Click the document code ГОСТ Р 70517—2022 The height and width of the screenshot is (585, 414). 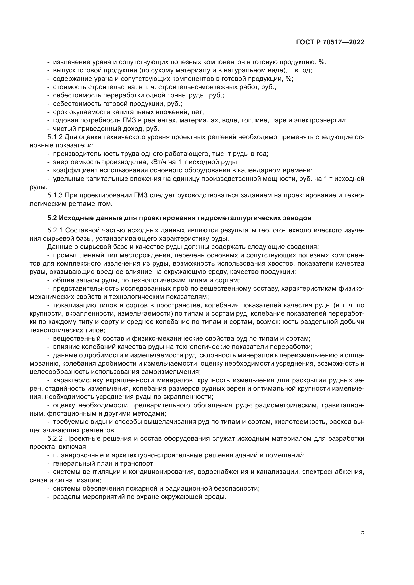(x=330, y=42)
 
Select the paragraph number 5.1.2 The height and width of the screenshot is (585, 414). (x=55, y=137)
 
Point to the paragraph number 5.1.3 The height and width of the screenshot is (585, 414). (x=55, y=195)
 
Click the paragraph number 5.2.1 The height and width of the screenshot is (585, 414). (x=55, y=230)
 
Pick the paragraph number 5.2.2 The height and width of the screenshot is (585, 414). (x=55, y=438)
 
